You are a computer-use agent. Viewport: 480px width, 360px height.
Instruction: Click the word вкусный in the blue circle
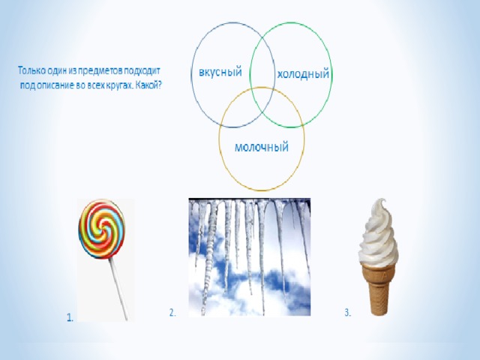220,72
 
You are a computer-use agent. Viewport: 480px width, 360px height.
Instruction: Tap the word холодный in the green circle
303,74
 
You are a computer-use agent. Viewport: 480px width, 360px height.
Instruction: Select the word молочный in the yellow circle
262,147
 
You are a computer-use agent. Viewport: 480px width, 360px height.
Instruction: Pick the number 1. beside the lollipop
70,317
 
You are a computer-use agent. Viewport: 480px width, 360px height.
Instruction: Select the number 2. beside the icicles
172,313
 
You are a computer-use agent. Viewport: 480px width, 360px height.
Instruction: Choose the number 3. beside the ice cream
348,313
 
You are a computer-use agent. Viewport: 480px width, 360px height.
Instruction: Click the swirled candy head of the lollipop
102,229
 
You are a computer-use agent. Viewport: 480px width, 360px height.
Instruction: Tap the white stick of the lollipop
119,289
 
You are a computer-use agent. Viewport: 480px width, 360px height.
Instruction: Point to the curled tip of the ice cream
382,202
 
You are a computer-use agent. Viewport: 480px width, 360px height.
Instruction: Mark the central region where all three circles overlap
262,101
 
